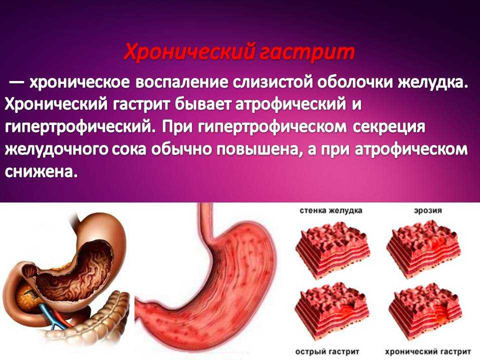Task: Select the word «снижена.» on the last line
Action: click(40, 172)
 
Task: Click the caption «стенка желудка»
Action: click(331, 210)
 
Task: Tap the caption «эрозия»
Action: click(427, 211)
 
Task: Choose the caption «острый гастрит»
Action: click(327, 351)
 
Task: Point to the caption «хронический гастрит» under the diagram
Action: click(428, 351)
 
